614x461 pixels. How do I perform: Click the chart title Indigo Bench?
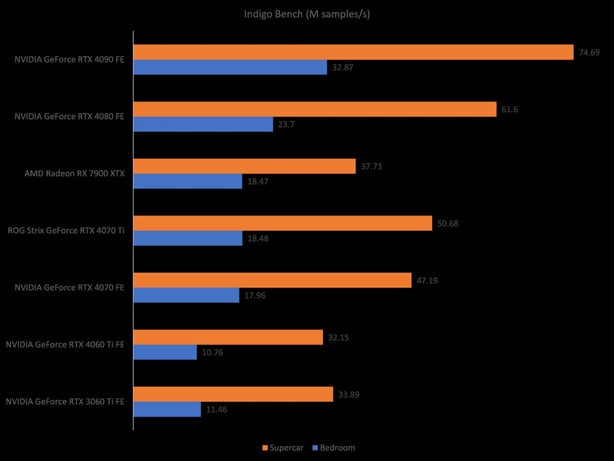click(x=307, y=14)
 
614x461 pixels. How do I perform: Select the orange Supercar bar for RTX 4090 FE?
click(x=353, y=52)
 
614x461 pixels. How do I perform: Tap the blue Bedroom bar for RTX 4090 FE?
click(x=230, y=67)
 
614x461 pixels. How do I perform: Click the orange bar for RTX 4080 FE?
click(x=315, y=109)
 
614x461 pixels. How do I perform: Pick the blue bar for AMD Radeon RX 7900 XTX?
click(x=188, y=181)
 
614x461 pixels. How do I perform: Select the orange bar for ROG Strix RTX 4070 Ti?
click(x=283, y=223)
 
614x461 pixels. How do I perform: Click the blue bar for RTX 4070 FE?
click(x=186, y=295)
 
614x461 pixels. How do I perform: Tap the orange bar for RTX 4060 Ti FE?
click(x=228, y=337)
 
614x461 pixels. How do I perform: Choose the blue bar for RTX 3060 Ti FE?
click(x=167, y=409)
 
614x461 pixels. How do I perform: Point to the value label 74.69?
click(x=589, y=53)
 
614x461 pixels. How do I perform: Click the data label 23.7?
click(x=286, y=124)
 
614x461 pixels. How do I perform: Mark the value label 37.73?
click(x=371, y=166)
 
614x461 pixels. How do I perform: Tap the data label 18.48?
click(x=258, y=239)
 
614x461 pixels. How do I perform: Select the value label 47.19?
click(x=427, y=280)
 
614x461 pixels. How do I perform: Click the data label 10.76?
click(x=212, y=352)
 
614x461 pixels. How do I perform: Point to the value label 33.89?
click(x=349, y=394)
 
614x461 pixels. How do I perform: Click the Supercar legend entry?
click(x=283, y=448)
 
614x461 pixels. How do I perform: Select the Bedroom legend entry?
click(x=334, y=448)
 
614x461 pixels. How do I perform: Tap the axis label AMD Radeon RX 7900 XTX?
click(x=74, y=174)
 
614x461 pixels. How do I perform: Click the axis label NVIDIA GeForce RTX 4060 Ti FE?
click(x=65, y=344)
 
